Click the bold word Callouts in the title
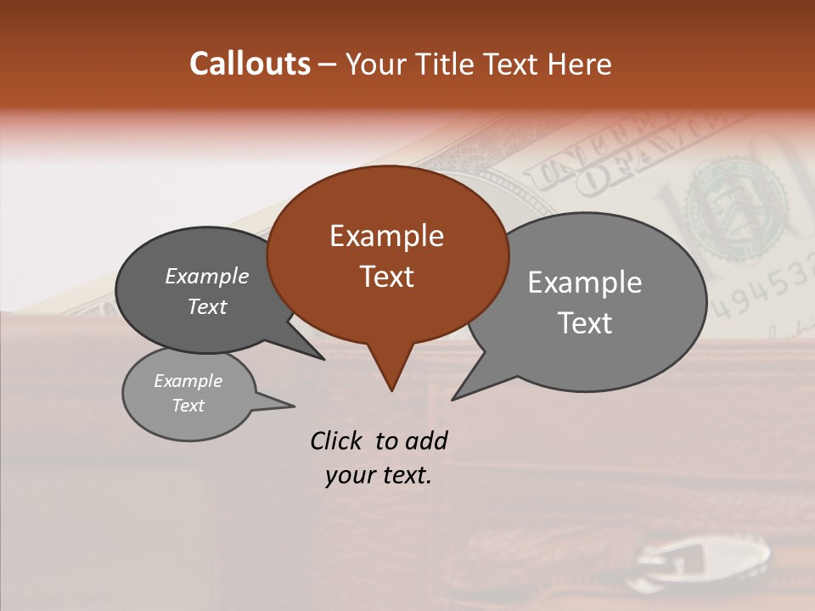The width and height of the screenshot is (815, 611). [250, 64]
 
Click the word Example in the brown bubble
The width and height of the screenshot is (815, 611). [386, 236]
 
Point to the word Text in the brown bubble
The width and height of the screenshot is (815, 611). [386, 277]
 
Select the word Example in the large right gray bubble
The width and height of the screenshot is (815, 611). [585, 283]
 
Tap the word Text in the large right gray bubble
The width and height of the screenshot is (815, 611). [585, 323]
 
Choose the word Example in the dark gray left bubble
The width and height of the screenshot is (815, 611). [206, 277]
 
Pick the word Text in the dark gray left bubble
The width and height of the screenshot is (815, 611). [206, 307]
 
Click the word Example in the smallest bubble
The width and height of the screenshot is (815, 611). [188, 381]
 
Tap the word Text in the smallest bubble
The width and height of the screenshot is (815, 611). [188, 406]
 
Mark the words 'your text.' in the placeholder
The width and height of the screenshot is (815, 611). [379, 475]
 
